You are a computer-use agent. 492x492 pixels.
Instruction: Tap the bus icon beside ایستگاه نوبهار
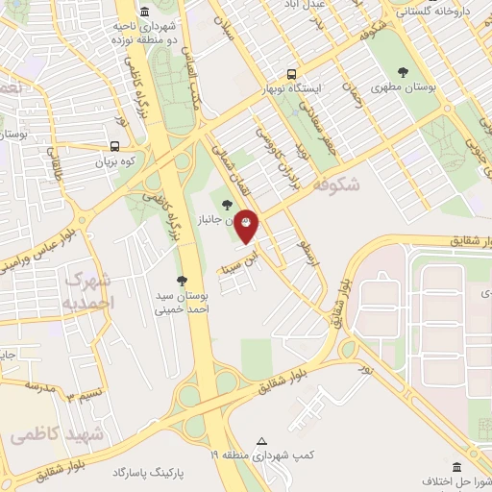[x=292, y=73]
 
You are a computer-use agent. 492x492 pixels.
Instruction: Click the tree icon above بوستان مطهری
[x=402, y=71]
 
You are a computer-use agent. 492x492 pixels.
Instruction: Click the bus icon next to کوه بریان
[x=115, y=147]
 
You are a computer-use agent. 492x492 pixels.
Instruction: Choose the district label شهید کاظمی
[x=58, y=434]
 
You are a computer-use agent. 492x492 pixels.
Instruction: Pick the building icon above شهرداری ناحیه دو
[x=144, y=12]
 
